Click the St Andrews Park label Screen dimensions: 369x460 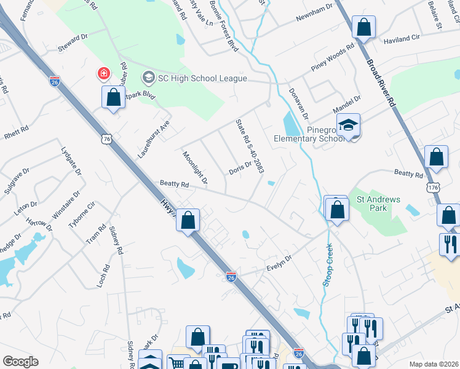tap(378, 204)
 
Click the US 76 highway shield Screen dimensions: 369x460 tap(108, 140)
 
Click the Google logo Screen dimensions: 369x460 tap(20, 362)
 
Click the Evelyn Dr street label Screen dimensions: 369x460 tap(278, 264)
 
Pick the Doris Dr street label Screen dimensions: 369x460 tap(240, 167)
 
